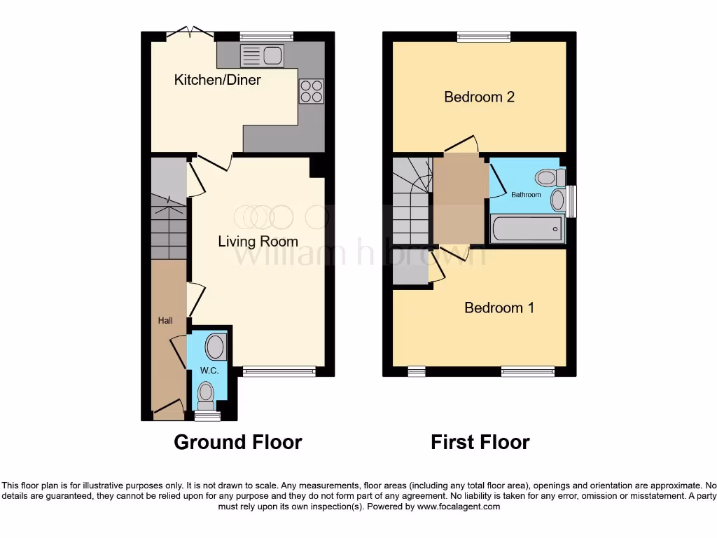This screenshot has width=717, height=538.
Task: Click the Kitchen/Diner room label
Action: click(x=217, y=80)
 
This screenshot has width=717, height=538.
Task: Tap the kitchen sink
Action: click(x=260, y=55)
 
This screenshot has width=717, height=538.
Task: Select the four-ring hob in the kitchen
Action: click(x=312, y=91)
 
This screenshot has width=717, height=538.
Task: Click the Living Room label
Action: click(x=258, y=242)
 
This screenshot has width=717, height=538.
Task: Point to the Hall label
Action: click(x=165, y=321)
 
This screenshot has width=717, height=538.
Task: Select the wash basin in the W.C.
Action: click(x=215, y=346)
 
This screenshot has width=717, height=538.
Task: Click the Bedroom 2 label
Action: click(x=479, y=97)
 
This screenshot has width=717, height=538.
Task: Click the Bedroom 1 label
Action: click(x=499, y=308)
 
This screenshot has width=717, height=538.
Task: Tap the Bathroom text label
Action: click(x=526, y=194)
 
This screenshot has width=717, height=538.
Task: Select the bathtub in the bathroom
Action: click(x=527, y=228)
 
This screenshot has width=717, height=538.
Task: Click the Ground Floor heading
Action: click(x=237, y=443)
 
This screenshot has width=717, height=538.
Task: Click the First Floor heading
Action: click(x=480, y=443)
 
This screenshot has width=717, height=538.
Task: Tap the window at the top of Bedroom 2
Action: click(x=484, y=36)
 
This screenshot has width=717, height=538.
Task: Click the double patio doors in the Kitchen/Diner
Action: click(x=190, y=32)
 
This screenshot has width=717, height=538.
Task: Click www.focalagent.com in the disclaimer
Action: click(x=459, y=506)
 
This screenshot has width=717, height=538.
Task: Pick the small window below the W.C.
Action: click(x=207, y=416)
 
